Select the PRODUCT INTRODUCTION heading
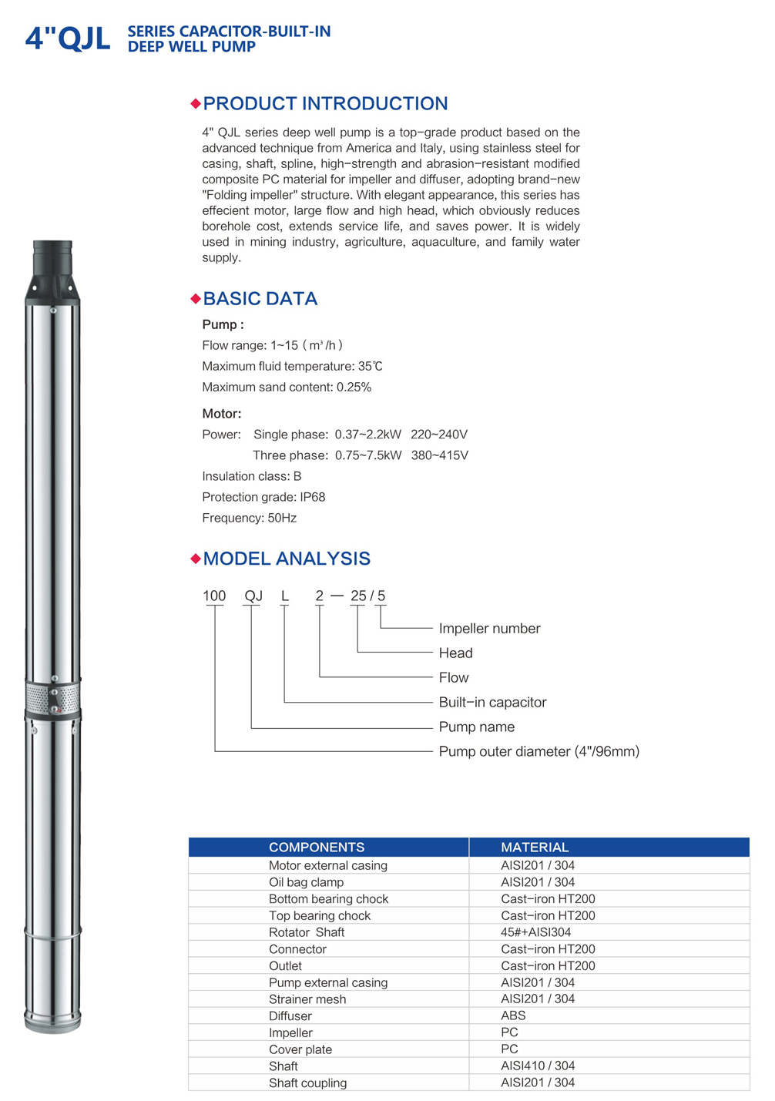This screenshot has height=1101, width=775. [x=325, y=104]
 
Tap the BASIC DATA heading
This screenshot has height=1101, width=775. [x=260, y=299]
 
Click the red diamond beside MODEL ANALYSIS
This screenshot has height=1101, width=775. [x=196, y=559]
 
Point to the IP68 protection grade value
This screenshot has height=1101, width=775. [x=312, y=497]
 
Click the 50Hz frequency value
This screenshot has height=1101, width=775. [x=282, y=518]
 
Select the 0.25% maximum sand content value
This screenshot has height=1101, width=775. [x=354, y=387]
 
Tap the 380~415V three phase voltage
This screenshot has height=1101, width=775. [x=439, y=455]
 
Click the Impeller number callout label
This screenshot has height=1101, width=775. [x=489, y=629]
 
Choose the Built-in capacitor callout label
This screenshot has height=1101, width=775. [x=492, y=702]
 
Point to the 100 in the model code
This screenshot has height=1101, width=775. [x=214, y=596]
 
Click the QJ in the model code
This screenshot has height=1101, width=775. [x=253, y=596]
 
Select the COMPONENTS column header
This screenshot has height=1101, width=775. [x=317, y=847]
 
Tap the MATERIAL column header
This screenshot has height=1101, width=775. [x=535, y=847]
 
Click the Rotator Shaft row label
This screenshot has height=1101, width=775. [x=307, y=932]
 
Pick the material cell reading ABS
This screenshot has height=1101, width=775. [x=513, y=1015]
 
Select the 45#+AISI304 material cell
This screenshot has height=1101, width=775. [x=536, y=932]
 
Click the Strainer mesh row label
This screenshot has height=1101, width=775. [x=307, y=999]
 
